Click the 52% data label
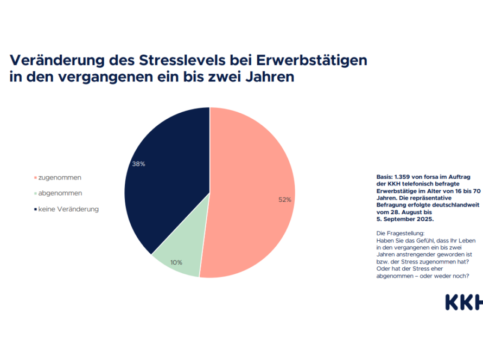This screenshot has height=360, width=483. coord(285,200)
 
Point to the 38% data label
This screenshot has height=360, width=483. coord(138,164)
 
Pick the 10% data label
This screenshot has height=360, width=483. coord(176,262)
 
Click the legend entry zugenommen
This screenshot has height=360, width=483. coord(59,177)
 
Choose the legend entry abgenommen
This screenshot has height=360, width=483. coord(60,193)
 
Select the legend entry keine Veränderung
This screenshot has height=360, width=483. coord(68,209)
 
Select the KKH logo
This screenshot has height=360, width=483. coord(463,303)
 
